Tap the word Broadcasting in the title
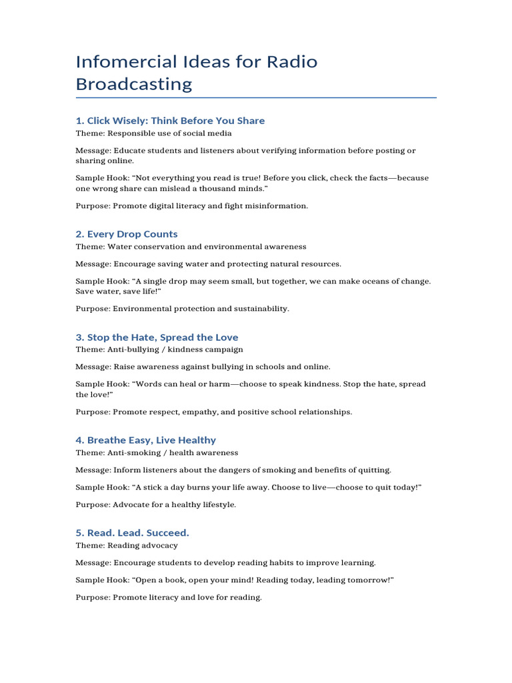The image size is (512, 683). (x=133, y=84)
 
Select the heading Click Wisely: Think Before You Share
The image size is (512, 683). (x=170, y=121)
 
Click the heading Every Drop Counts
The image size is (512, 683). (x=127, y=234)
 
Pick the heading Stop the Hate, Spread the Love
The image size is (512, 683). (x=157, y=337)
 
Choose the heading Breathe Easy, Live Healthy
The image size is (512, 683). (x=145, y=440)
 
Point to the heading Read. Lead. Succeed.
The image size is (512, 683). (x=133, y=533)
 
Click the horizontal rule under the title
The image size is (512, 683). (x=256, y=98)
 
